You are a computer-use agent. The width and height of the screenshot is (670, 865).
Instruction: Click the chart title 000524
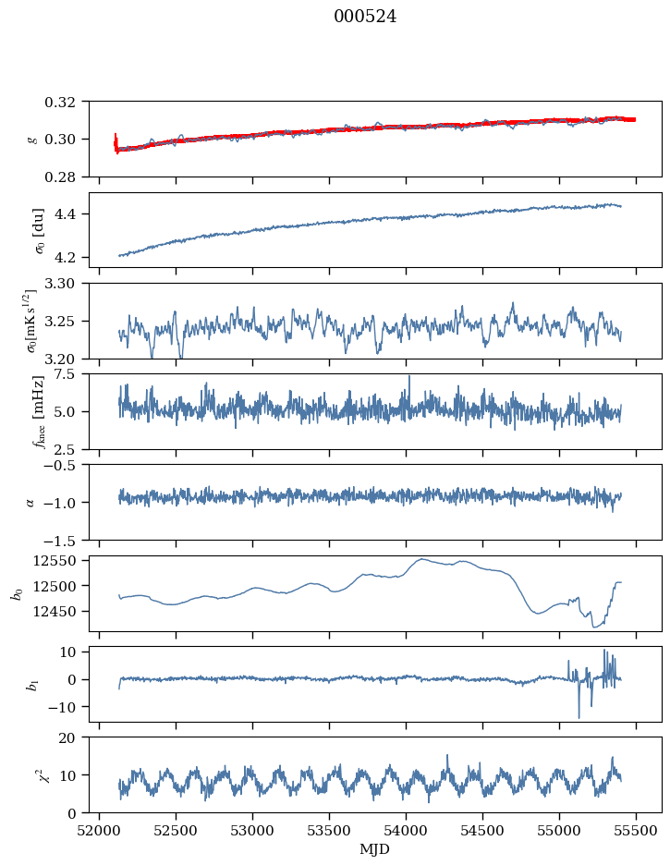click(365, 17)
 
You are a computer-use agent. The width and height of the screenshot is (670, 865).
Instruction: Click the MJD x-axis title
click(374, 849)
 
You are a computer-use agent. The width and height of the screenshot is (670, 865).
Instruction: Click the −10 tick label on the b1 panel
click(63, 707)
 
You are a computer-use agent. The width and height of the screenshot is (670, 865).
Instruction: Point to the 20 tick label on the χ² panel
click(67, 737)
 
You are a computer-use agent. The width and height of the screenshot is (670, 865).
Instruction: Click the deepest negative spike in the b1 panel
click(579, 717)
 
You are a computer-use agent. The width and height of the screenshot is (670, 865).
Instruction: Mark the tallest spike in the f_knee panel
click(409, 377)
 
